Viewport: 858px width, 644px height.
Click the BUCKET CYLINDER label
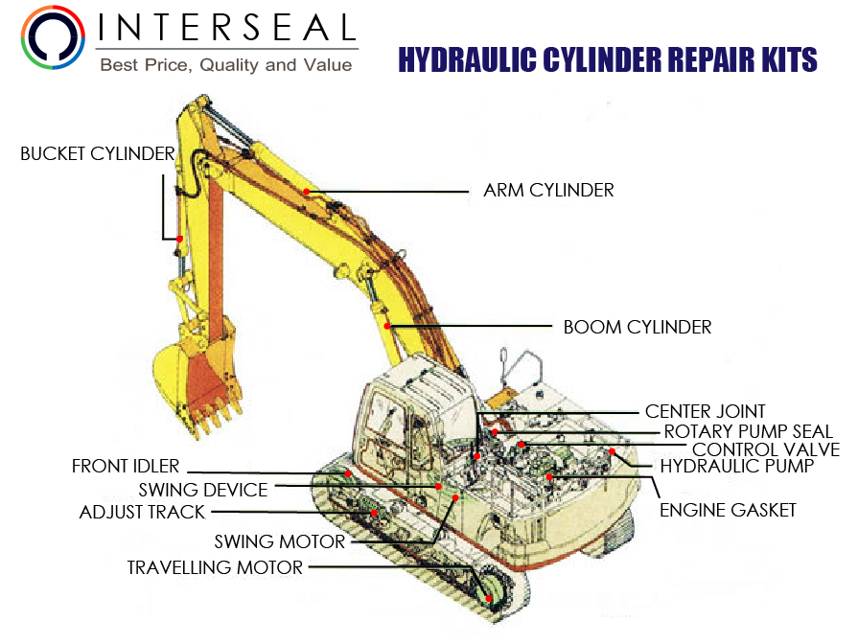pyautogui.click(x=98, y=153)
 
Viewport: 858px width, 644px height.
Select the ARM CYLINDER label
pyautogui.click(x=548, y=191)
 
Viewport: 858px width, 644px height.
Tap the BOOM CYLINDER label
pyautogui.click(x=637, y=327)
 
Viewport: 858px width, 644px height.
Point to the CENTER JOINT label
pyautogui.click(x=705, y=412)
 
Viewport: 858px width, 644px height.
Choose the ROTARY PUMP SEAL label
pyautogui.click(x=748, y=432)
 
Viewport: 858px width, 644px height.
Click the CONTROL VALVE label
pyautogui.click(x=765, y=449)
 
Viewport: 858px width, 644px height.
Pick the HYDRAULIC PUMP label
pyautogui.click(x=736, y=467)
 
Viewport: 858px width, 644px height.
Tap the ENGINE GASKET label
pyautogui.click(x=728, y=510)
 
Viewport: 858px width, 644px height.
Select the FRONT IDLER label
pyautogui.click(x=126, y=467)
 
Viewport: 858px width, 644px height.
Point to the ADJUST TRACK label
pyautogui.click(x=142, y=513)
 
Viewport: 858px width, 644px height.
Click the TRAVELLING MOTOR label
pyautogui.click(x=215, y=568)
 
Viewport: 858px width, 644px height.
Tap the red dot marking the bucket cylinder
pyautogui.click(x=177, y=238)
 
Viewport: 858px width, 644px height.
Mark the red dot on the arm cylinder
pyautogui.click(x=306, y=192)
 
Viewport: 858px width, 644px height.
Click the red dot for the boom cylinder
pyautogui.click(x=387, y=327)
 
